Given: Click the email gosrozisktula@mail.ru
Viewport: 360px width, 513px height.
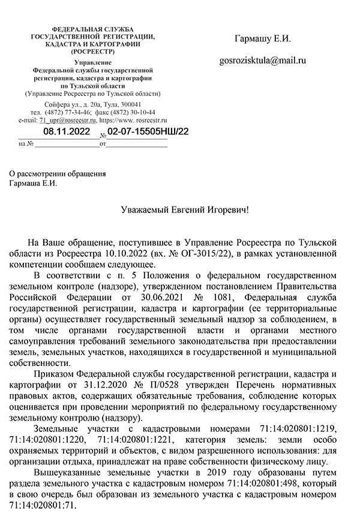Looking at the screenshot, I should [263, 61].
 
